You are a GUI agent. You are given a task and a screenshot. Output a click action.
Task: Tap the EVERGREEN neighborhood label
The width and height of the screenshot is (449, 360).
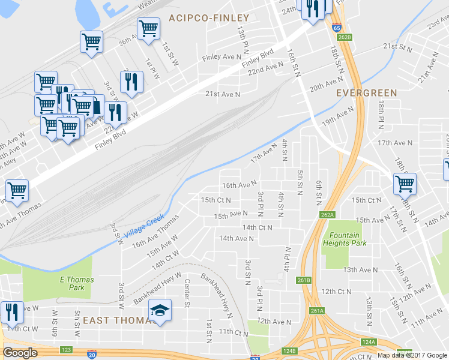point(366,93)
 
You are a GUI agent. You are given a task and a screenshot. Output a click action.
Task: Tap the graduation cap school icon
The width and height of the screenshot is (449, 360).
point(160,311)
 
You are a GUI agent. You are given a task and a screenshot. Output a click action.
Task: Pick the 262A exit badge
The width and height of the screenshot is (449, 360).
point(327,214)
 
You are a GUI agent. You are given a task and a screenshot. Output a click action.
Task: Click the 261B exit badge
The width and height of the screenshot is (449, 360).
point(304,280)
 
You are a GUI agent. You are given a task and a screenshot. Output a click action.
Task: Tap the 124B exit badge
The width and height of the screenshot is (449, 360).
point(289,351)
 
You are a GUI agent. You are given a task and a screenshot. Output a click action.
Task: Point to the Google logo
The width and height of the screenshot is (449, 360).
point(20,353)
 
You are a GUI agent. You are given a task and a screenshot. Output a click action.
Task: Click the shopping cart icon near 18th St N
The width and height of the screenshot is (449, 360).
point(405,184)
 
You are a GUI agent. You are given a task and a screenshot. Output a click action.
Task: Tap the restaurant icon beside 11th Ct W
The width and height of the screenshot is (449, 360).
point(11,312)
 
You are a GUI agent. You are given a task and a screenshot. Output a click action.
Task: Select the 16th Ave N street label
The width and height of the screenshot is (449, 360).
point(239,185)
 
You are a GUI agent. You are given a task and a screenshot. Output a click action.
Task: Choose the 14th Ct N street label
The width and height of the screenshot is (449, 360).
point(257,228)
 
